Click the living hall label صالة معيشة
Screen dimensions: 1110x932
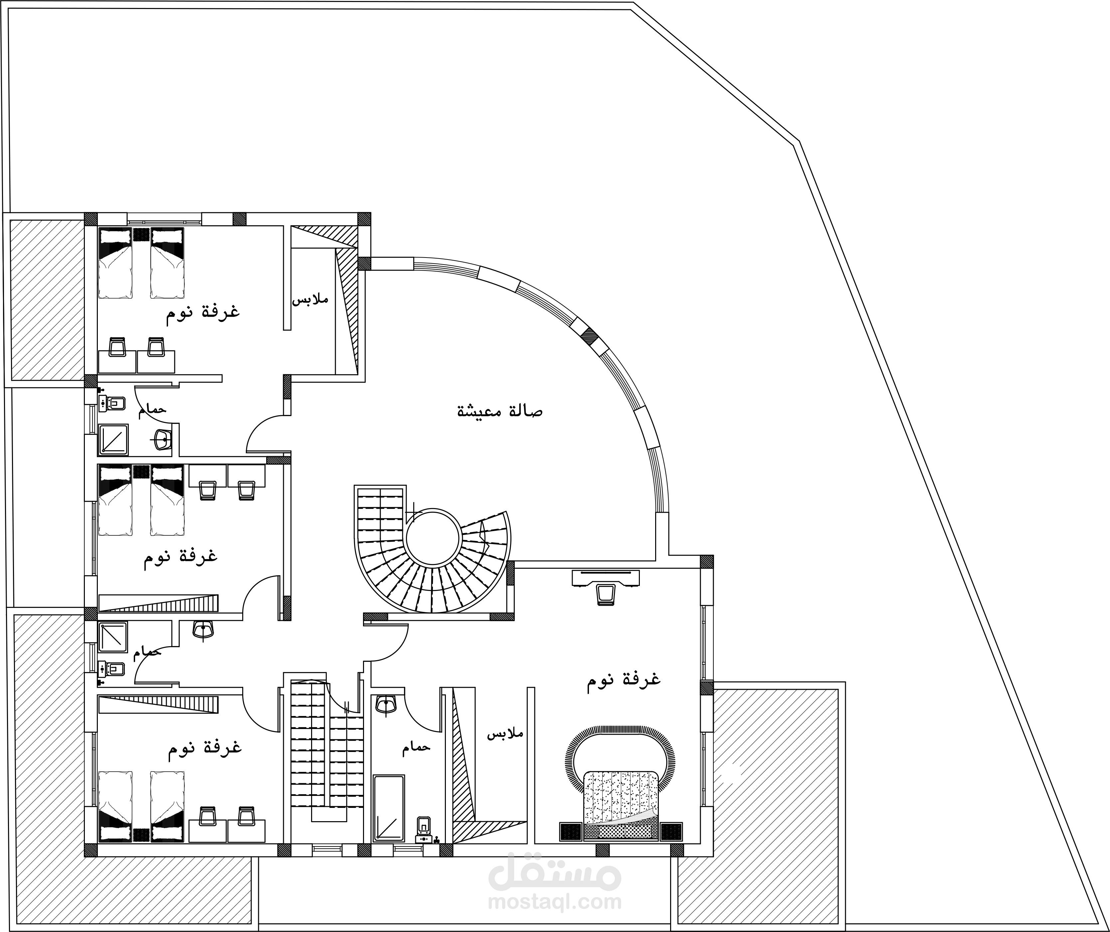499,411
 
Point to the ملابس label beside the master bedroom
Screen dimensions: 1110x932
505,734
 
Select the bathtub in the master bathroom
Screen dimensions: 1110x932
389,808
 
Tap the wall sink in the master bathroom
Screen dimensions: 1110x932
386,705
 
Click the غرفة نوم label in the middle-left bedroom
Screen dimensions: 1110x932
180,556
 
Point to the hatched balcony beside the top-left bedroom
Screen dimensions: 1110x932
47,300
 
